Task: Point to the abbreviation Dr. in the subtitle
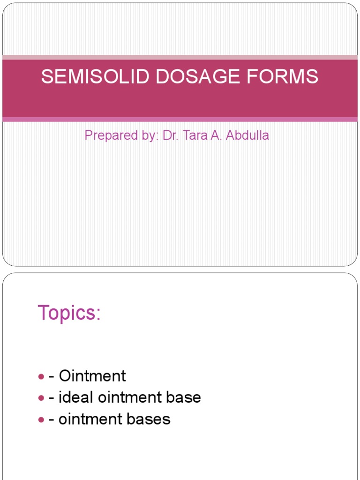(170, 136)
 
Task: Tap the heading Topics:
(69, 313)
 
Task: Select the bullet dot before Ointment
(41, 376)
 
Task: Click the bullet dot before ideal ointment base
(41, 398)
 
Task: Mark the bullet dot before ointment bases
(41, 420)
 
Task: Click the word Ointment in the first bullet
(93, 376)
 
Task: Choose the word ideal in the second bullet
(76, 397)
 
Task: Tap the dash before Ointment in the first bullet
(52, 376)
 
